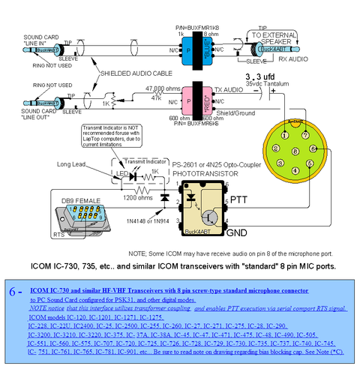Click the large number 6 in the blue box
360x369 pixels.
[11, 289]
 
